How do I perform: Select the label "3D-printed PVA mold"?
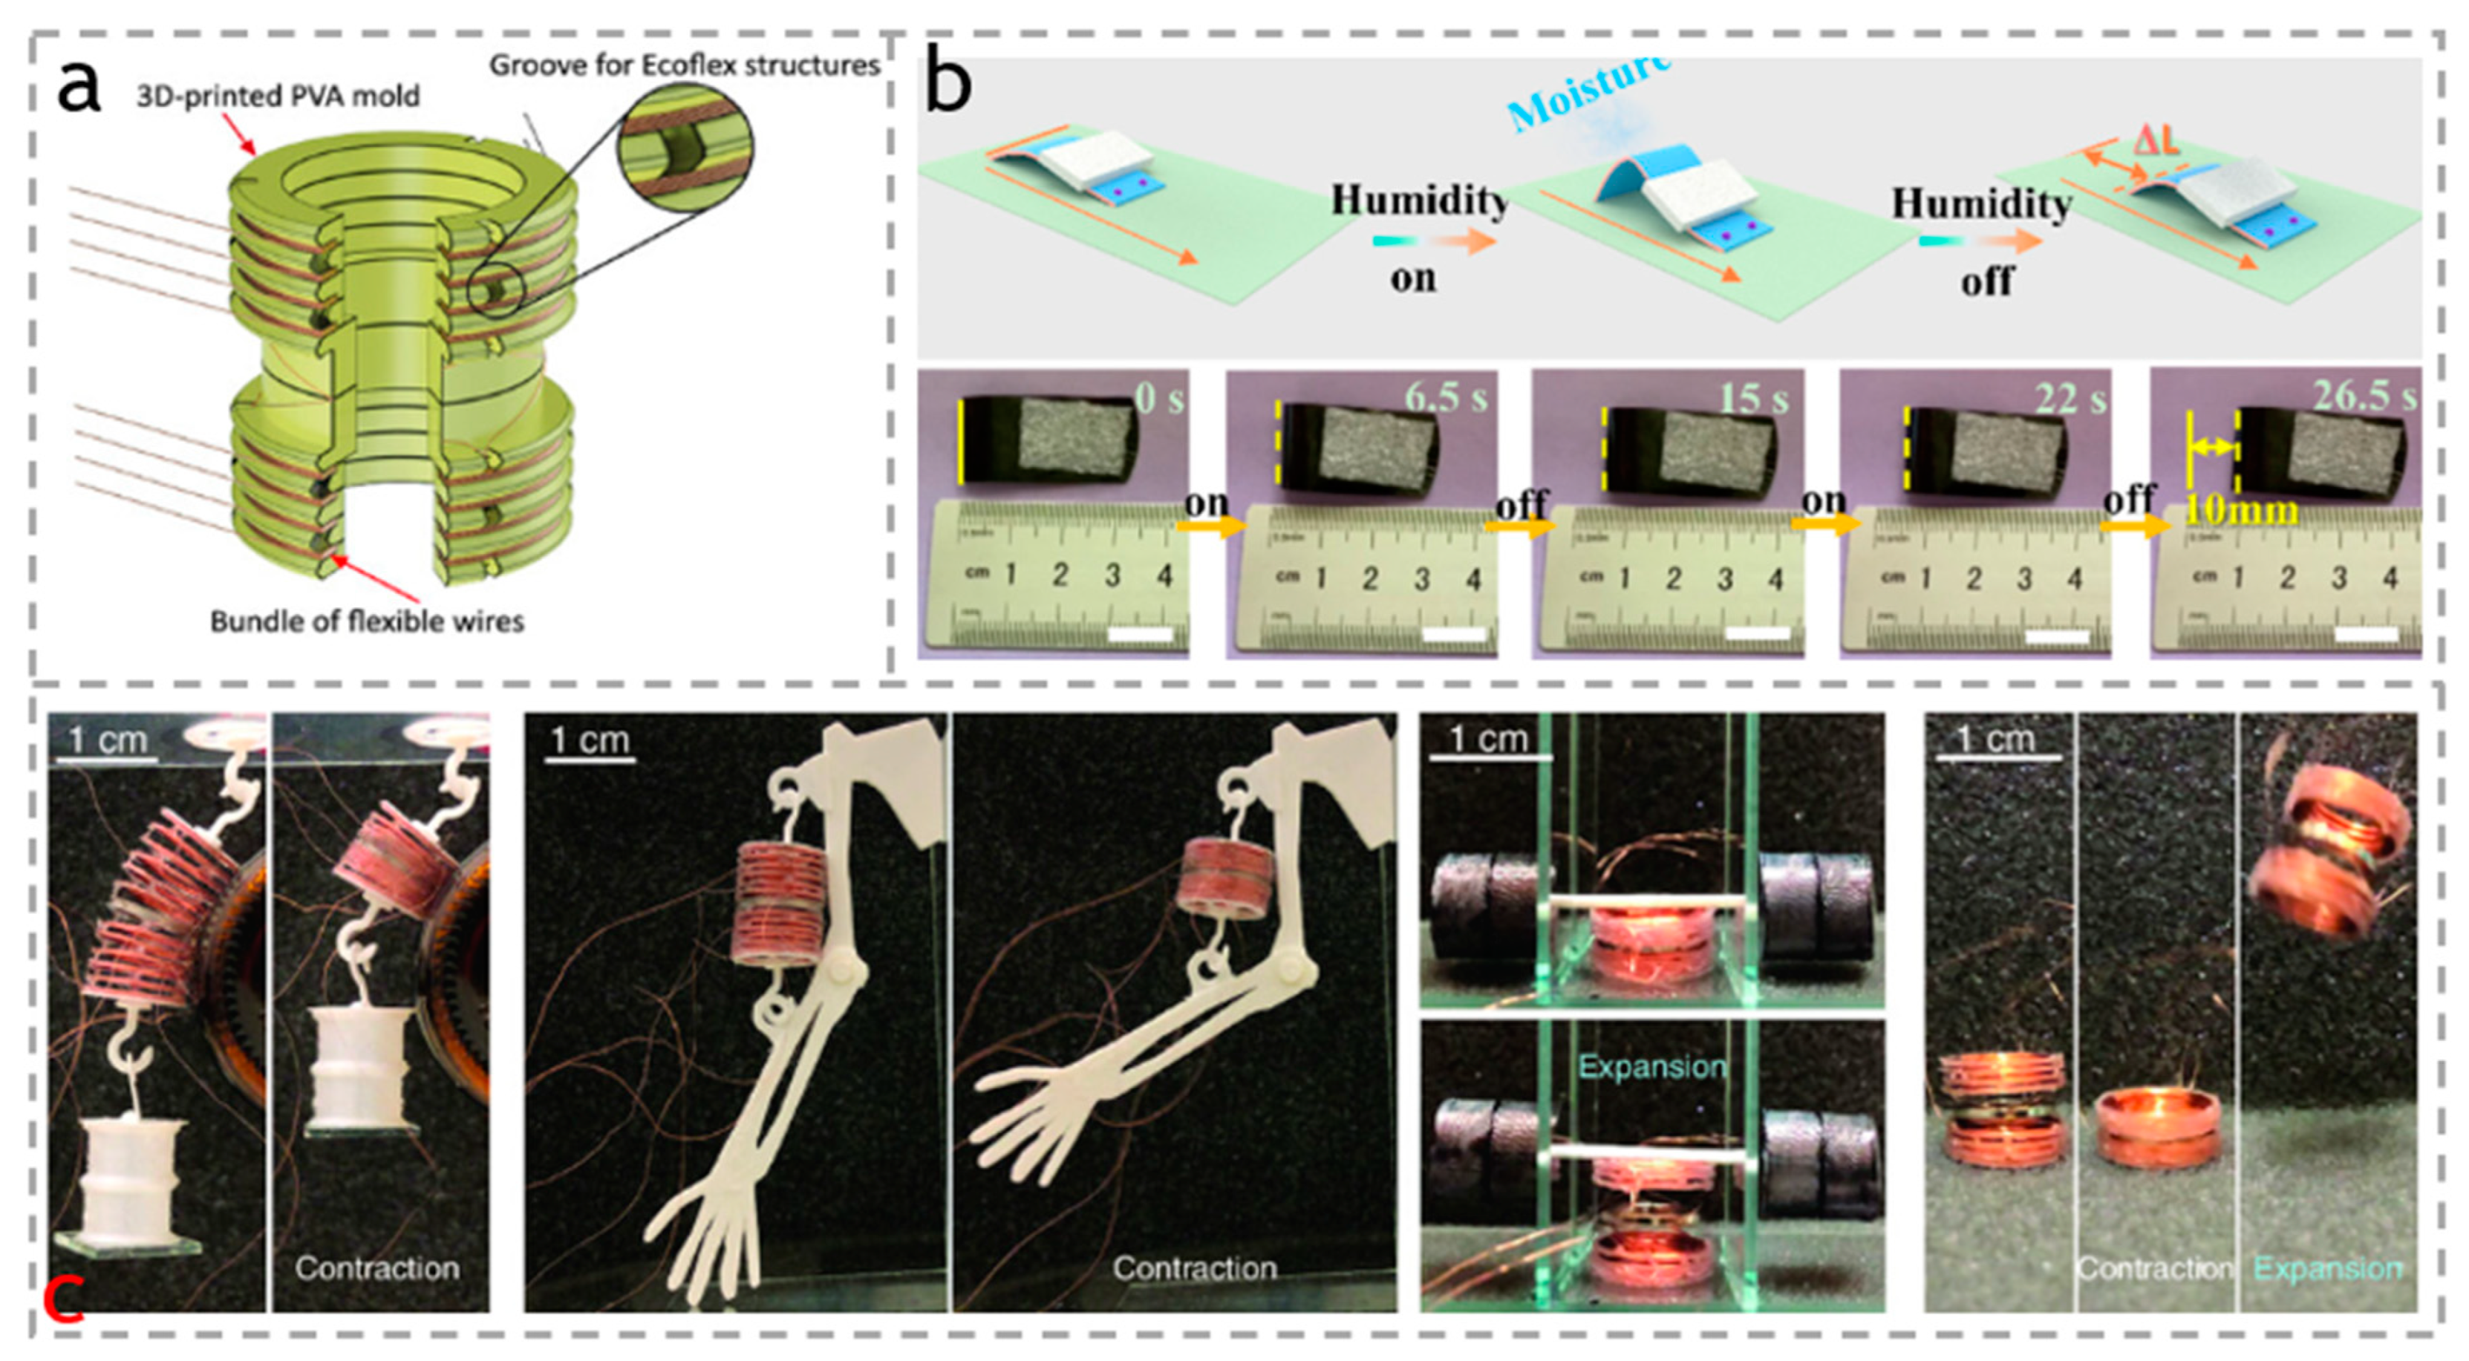(278, 97)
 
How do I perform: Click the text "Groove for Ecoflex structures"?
(685, 65)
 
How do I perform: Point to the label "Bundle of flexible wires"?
(367, 622)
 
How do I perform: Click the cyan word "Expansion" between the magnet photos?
(1652, 1067)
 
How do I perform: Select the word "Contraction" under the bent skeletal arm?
(1194, 1268)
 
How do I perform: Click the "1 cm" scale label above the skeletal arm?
(590, 740)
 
